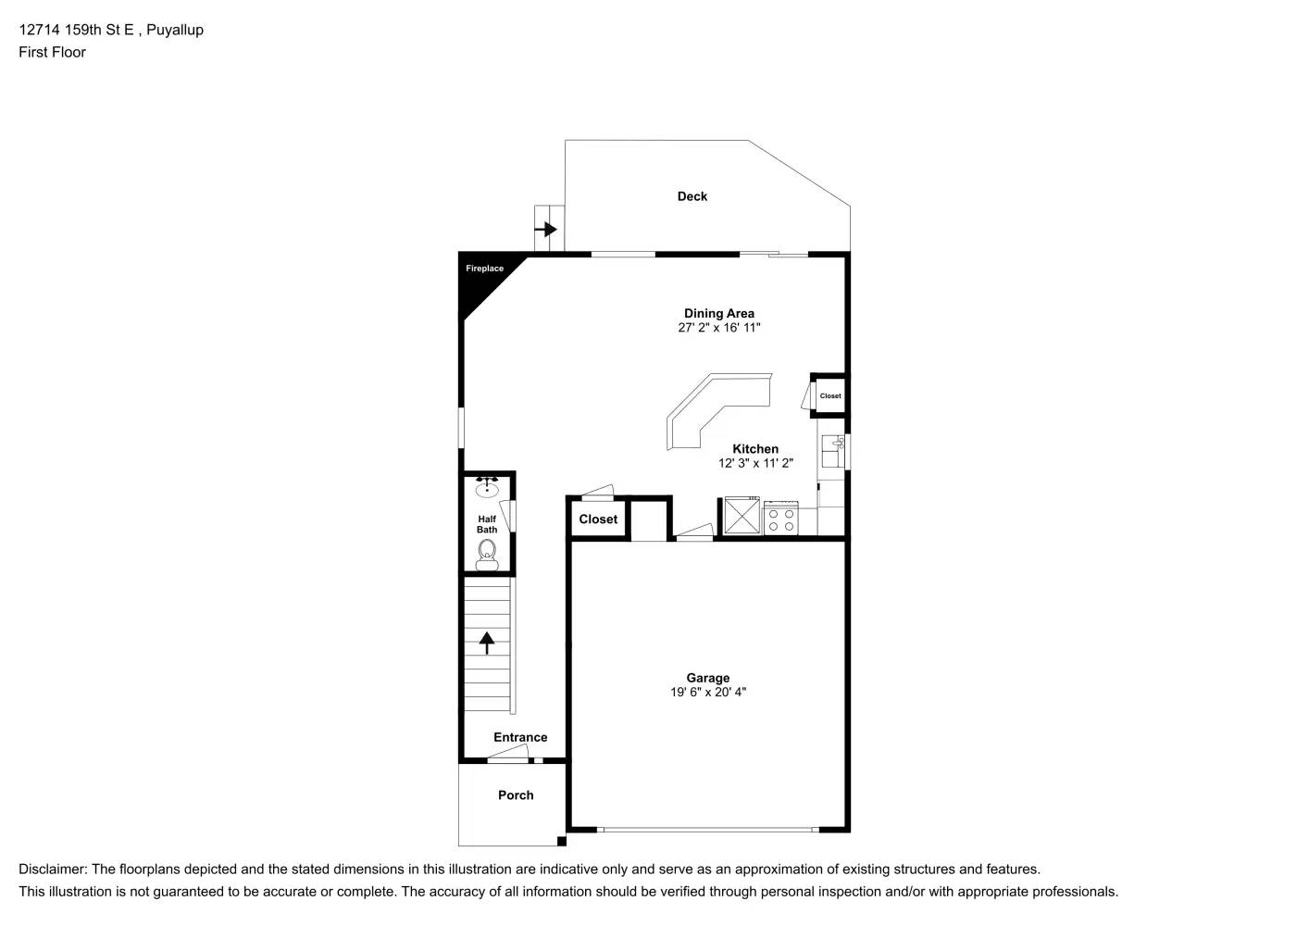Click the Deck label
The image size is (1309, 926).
[x=692, y=196]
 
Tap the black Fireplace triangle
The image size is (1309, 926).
[x=481, y=278]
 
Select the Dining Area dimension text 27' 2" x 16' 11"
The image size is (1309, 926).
[x=719, y=328]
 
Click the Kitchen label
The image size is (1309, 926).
[x=755, y=449]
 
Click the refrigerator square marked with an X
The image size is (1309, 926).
[x=742, y=517]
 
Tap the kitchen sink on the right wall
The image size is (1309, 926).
[x=834, y=451]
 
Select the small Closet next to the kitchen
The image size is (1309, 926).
[x=830, y=396]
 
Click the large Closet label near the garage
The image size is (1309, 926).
[x=598, y=519]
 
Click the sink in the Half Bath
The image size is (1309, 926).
[x=487, y=488]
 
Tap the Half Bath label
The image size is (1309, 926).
[x=487, y=525]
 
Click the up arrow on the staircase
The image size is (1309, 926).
[x=487, y=642]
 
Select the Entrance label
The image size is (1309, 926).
[x=520, y=738]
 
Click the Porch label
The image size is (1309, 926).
[x=516, y=795]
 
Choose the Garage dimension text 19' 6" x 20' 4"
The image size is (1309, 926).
[x=708, y=693]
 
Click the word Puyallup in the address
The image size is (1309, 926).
[x=175, y=30]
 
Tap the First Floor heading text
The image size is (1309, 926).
[x=52, y=53]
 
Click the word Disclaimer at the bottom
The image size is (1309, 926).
[x=52, y=870]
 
